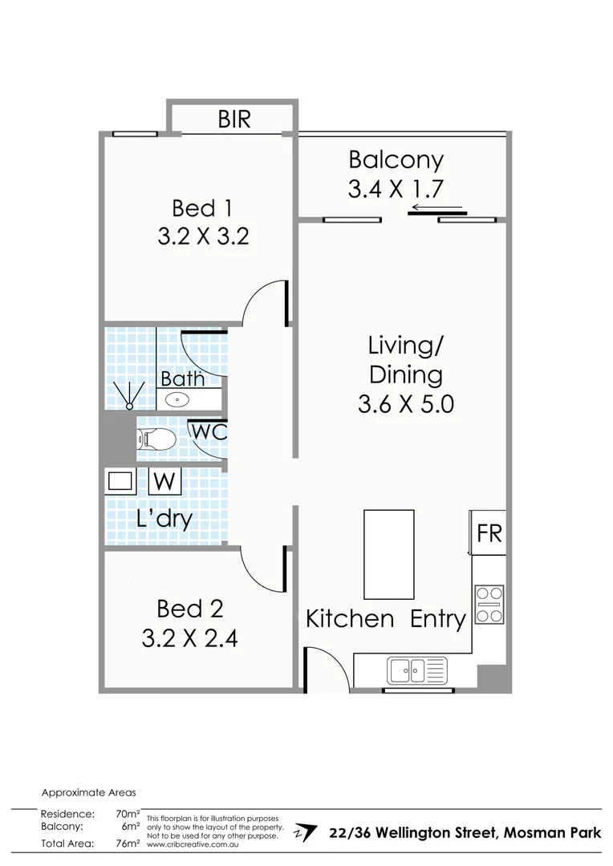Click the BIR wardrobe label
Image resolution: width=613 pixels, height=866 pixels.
pyautogui.click(x=234, y=119)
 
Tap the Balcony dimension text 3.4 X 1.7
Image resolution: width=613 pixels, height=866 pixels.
pyautogui.click(x=396, y=188)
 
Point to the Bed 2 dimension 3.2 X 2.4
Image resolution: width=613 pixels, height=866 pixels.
pyautogui.click(x=189, y=638)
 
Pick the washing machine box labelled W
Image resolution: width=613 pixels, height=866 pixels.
pyautogui.click(x=165, y=482)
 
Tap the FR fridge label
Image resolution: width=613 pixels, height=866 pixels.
pyautogui.click(x=489, y=533)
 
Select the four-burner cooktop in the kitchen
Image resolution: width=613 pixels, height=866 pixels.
pyautogui.click(x=489, y=605)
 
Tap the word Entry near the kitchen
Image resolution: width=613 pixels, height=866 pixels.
pyautogui.click(x=438, y=619)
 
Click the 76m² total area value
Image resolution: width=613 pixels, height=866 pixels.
pyautogui.click(x=128, y=843)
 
